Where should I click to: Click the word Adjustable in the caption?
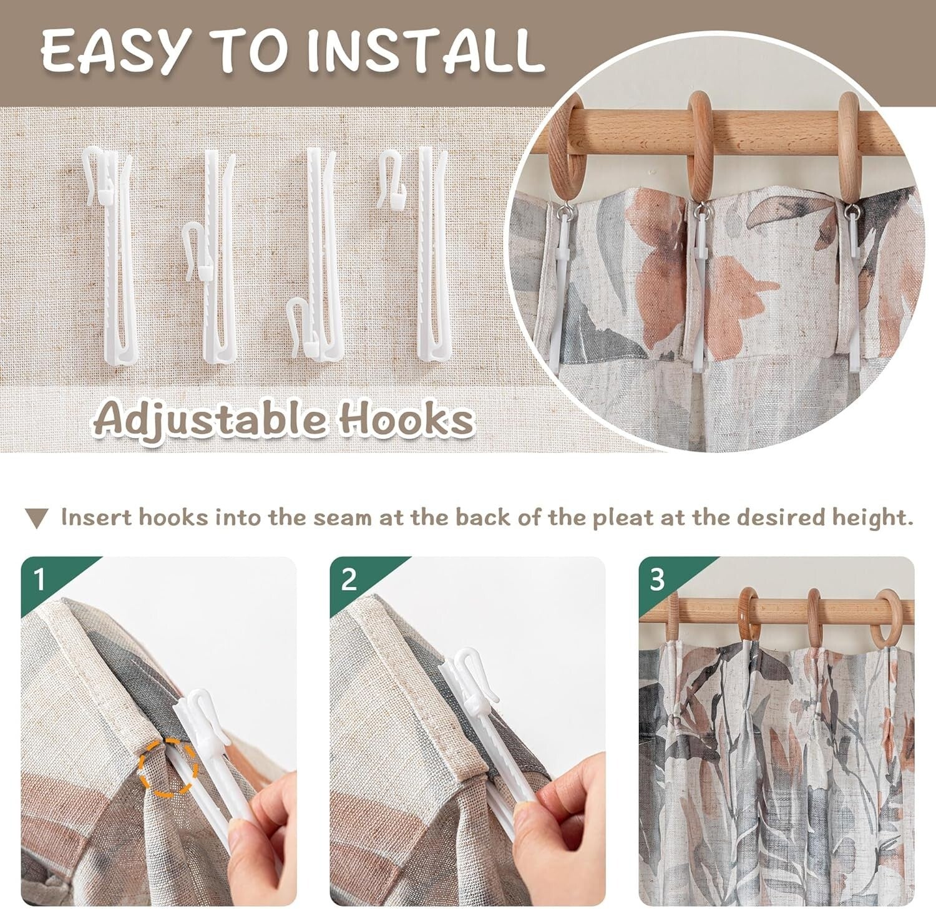click(x=210, y=419)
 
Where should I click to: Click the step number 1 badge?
click(x=41, y=579)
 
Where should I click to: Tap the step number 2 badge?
click(x=349, y=579)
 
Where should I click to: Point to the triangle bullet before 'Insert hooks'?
click(x=37, y=518)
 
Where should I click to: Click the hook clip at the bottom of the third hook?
click(x=305, y=329)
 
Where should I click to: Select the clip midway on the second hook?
click(x=199, y=252)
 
